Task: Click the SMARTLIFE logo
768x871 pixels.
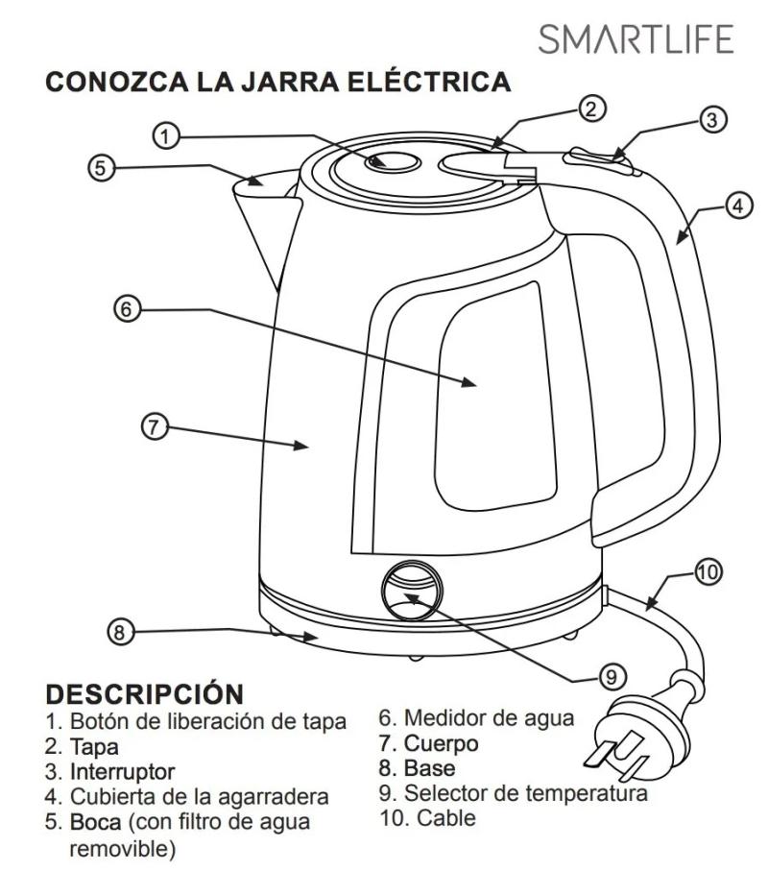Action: pos(636,39)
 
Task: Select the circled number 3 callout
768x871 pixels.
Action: pos(710,120)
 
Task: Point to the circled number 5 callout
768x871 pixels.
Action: pos(100,167)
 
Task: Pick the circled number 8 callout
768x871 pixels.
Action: pos(119,631)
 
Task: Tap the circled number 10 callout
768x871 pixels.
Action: pos(707,573)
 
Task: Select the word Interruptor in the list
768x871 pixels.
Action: pos(121,771)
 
